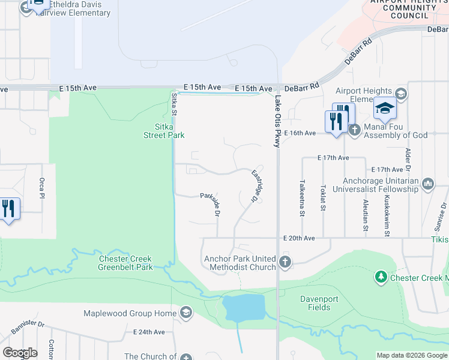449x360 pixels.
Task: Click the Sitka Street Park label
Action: (x=163, y=131)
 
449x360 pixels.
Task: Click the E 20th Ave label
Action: (x=300, y=238)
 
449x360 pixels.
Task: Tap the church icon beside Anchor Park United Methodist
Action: (x=285, y=262)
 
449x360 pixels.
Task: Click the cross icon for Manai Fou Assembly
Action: (x=354, y=130)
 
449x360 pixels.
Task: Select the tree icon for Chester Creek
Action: (x=381, y=277)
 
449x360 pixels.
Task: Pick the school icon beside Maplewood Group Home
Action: (x=185, y=313)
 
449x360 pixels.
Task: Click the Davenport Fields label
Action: (x=315, y=303)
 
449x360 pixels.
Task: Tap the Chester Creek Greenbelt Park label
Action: (x=125, y=263)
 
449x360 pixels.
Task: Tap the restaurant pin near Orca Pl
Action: (x=8, y=209)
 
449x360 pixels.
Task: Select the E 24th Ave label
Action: (x=149, y=332)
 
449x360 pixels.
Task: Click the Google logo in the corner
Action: (x=19, y=353)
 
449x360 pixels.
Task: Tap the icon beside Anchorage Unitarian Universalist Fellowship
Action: (x=429, y=184)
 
